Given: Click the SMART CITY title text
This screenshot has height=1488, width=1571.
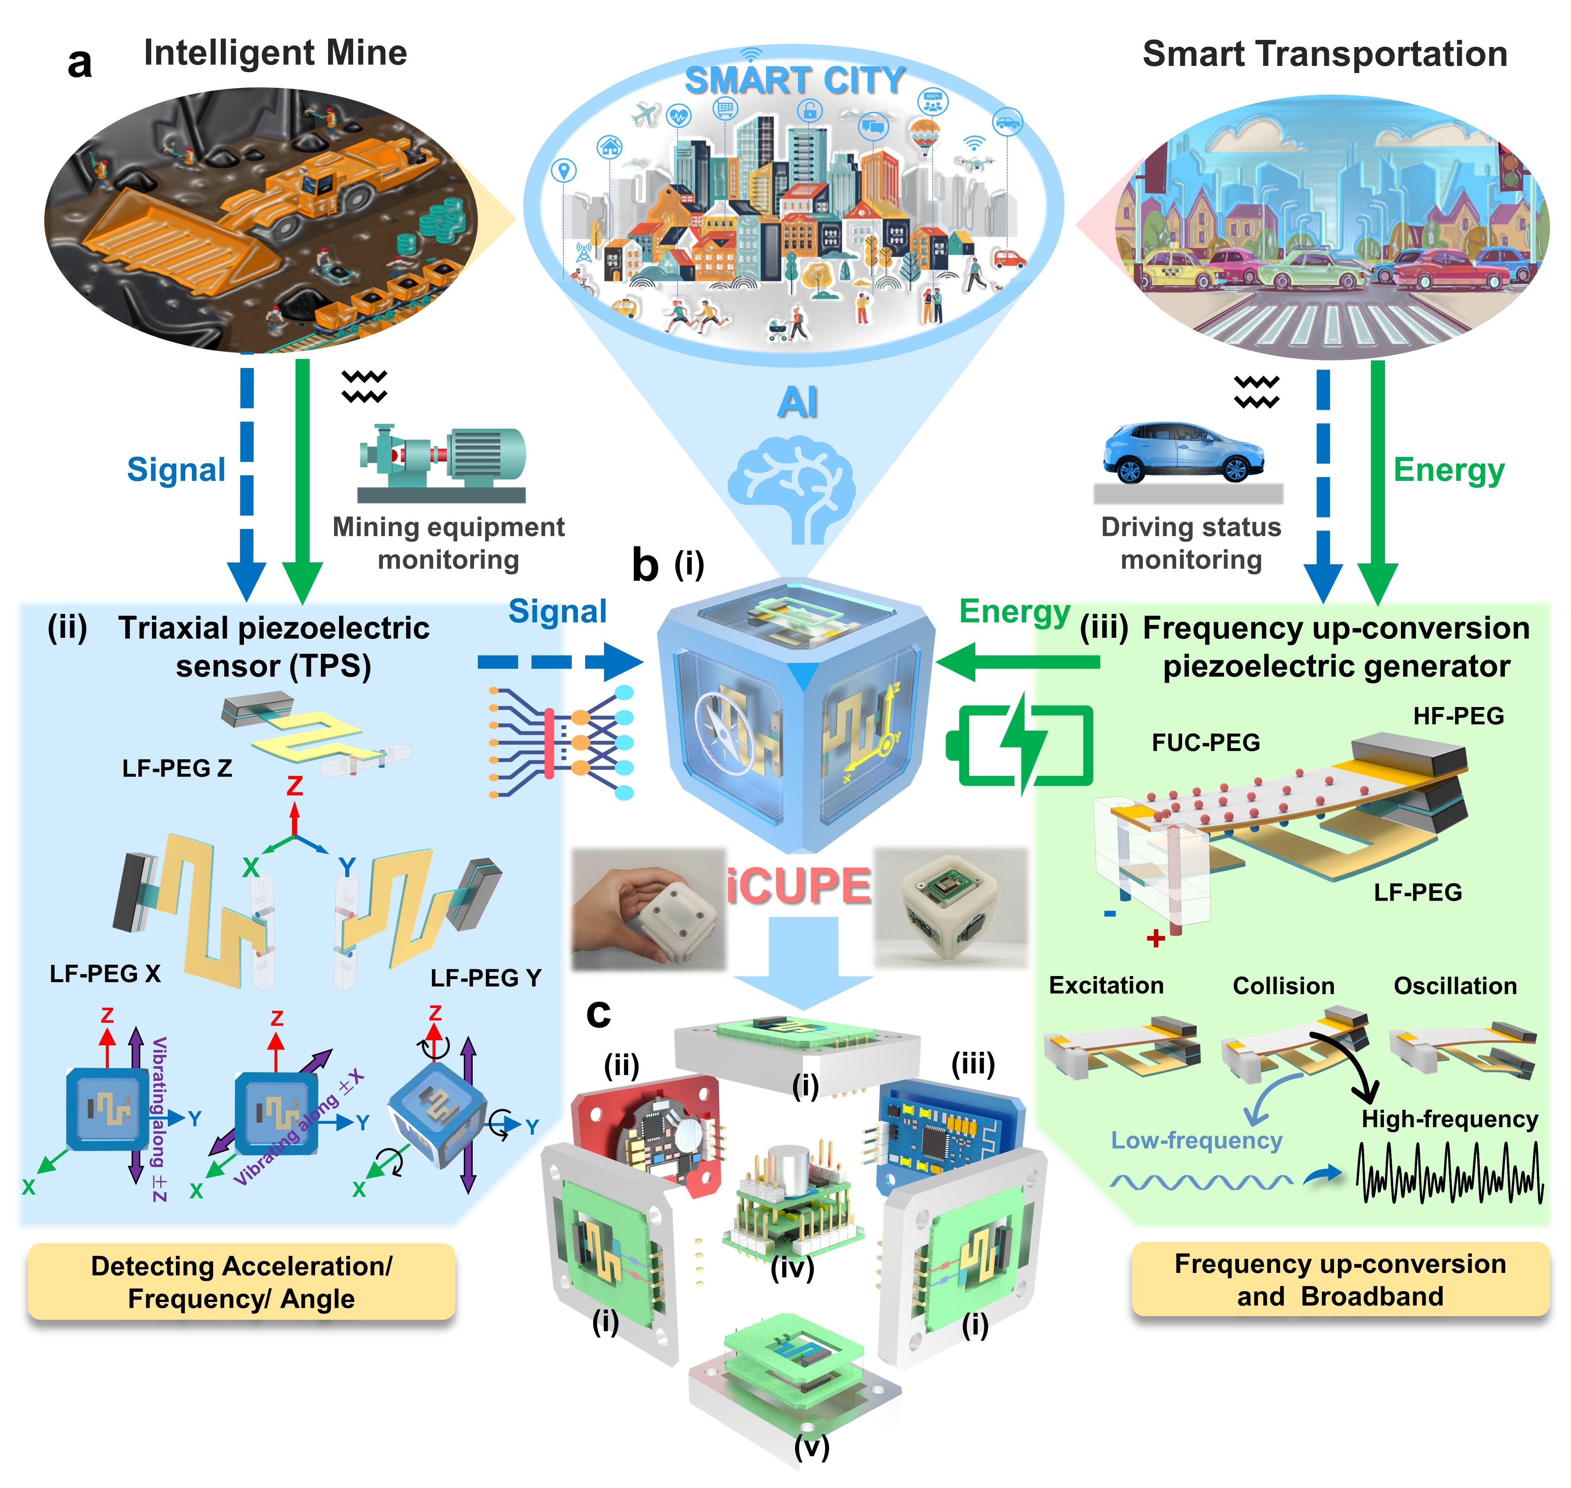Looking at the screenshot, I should pos(795,80).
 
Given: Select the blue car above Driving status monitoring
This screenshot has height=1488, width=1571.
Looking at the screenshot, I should pos(1183,452).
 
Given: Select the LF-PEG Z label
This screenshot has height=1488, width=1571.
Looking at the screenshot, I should pos(177,768).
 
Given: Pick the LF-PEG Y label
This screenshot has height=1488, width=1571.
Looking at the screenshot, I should pos(485,978).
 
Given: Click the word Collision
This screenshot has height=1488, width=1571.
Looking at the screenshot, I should pos(1283,986).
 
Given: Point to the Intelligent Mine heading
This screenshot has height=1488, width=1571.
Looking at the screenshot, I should pos(275,53).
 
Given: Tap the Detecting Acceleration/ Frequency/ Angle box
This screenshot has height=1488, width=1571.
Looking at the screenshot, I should pos(241,1282).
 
